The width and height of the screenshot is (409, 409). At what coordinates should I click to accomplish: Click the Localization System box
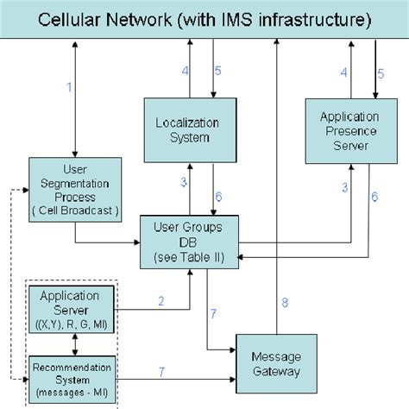pos(187,129)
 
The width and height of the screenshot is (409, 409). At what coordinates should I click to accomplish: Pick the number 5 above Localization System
pos(218,70)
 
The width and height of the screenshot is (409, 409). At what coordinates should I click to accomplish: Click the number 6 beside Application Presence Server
pos(374,197)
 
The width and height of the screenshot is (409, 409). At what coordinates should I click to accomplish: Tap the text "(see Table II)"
pos(187,256)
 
